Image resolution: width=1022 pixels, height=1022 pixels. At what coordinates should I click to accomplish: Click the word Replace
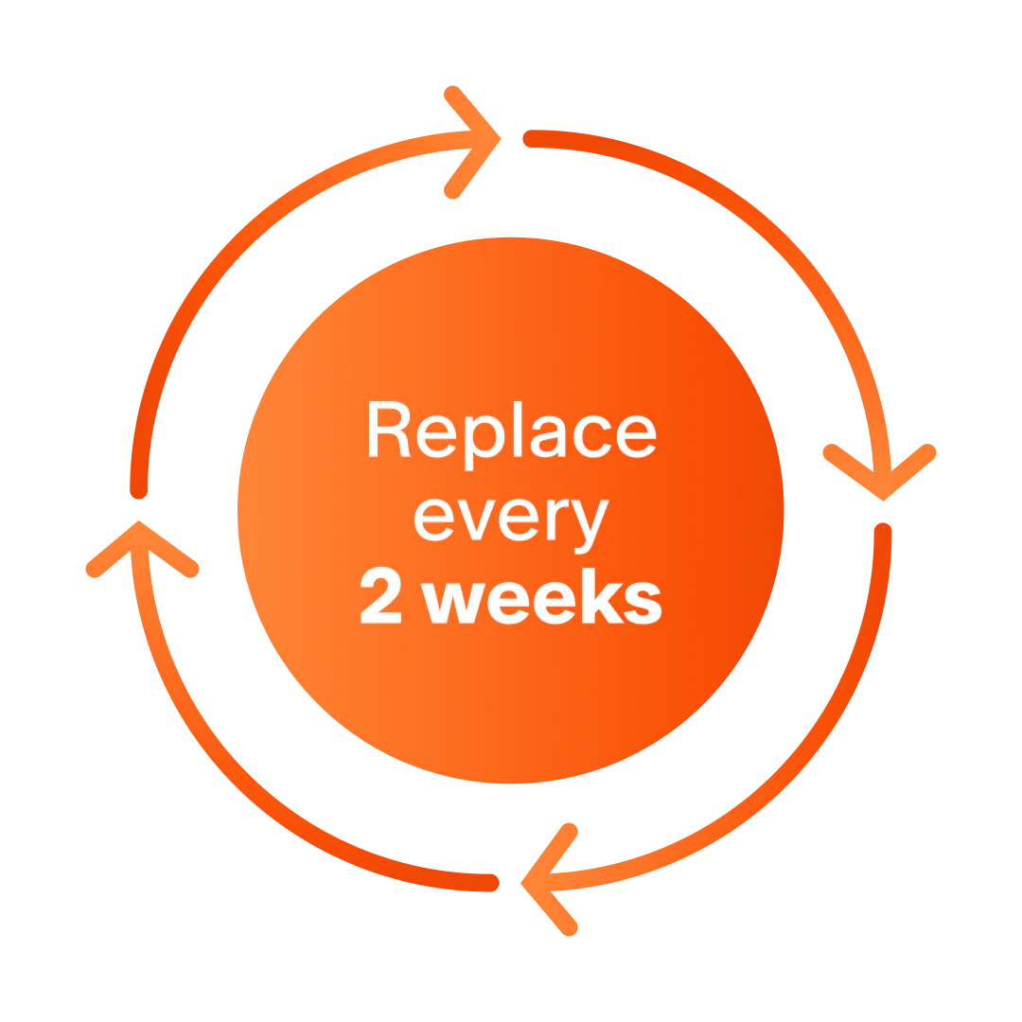point(512,434)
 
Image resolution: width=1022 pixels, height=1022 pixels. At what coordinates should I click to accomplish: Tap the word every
point(512,525)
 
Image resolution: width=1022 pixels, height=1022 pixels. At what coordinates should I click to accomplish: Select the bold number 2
point(380,595)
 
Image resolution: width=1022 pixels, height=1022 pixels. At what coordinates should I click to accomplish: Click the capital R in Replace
point(389,429)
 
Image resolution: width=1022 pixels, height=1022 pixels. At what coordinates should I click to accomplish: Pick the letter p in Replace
point(485,443)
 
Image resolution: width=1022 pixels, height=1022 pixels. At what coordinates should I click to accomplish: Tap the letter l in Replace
point(518,429)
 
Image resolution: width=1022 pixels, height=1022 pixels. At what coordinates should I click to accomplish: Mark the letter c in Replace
point(592,436)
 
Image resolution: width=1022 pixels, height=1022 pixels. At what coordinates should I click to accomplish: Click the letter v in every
point(476,520)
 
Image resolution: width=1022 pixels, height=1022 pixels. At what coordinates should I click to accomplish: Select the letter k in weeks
point(603,596)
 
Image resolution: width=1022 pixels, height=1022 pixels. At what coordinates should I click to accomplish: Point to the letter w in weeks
point(453,603)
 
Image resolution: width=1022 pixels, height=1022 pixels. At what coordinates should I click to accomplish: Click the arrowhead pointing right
point(473,141)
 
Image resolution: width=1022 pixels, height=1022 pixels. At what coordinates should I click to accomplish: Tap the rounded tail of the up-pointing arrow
point(491,883)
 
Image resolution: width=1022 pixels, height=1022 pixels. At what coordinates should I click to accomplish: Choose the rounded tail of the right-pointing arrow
point(139,491)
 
